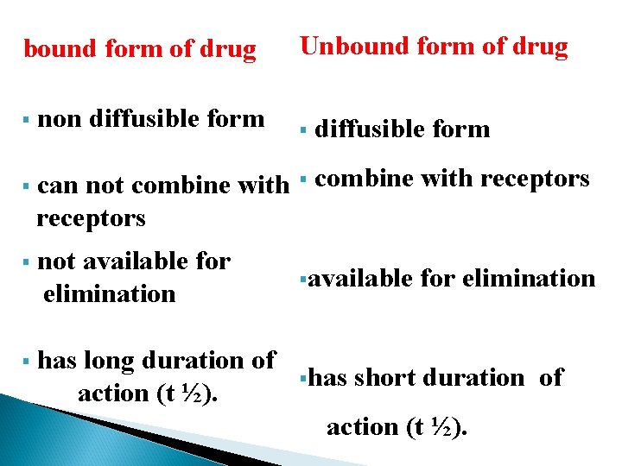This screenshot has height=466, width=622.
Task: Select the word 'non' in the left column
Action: [x=60, y=118]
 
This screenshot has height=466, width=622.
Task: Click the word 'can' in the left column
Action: [x=57, y=186]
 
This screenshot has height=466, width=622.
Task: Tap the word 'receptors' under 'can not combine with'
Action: [x=91, y=217]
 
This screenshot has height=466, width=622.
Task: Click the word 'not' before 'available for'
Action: [x=57, y=261]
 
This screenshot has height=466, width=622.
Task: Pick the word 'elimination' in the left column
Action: [x=109, y=293]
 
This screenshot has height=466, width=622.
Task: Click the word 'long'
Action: [x=111, y=360]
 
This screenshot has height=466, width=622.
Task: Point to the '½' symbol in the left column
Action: [x=193, y=394]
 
